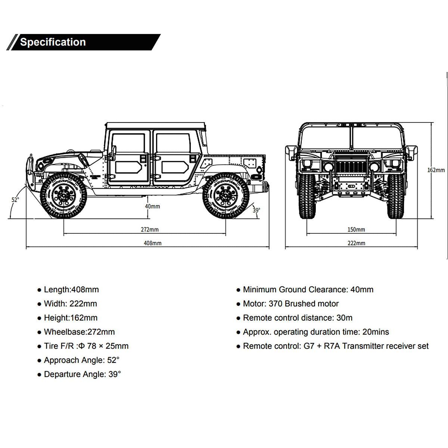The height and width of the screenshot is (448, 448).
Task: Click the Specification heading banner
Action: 84,42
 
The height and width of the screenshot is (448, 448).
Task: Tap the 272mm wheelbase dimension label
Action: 149,230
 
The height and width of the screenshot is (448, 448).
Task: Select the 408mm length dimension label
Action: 153,243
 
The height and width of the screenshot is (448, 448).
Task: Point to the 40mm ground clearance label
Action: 153,206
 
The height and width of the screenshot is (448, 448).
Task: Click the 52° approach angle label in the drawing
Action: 15,200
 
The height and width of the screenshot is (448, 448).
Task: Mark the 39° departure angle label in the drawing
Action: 256,210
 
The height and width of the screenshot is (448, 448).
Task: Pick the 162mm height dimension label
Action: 436,170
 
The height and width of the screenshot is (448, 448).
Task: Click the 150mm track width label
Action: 356,230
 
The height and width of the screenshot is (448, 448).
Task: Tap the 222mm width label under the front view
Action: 357,243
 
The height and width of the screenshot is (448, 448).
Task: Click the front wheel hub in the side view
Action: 63,195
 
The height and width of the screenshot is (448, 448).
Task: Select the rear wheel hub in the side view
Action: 225,195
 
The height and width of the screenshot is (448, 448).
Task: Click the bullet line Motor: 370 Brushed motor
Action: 287,304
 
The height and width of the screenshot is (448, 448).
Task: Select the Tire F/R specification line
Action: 83,346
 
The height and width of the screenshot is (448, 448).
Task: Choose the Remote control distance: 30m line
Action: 294,318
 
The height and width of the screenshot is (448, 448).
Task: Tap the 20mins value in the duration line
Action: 376,332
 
